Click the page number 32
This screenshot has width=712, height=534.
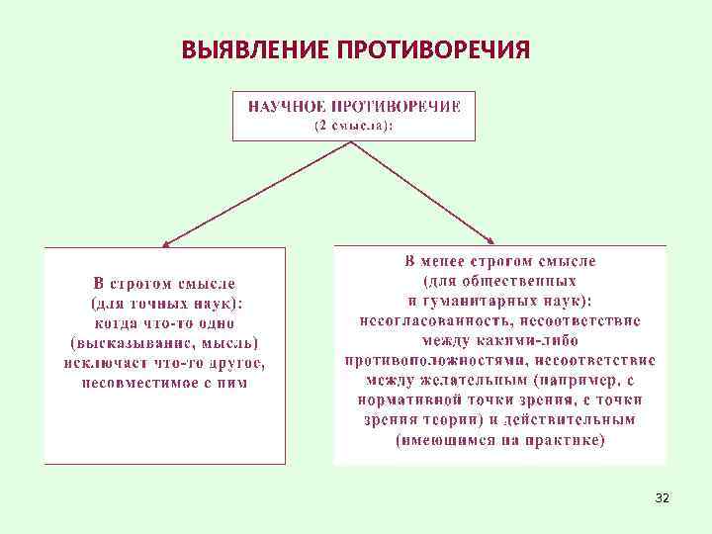click(662, 497)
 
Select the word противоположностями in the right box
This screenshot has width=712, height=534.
click(423, 359)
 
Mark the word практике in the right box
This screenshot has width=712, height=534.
click(564, 439)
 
